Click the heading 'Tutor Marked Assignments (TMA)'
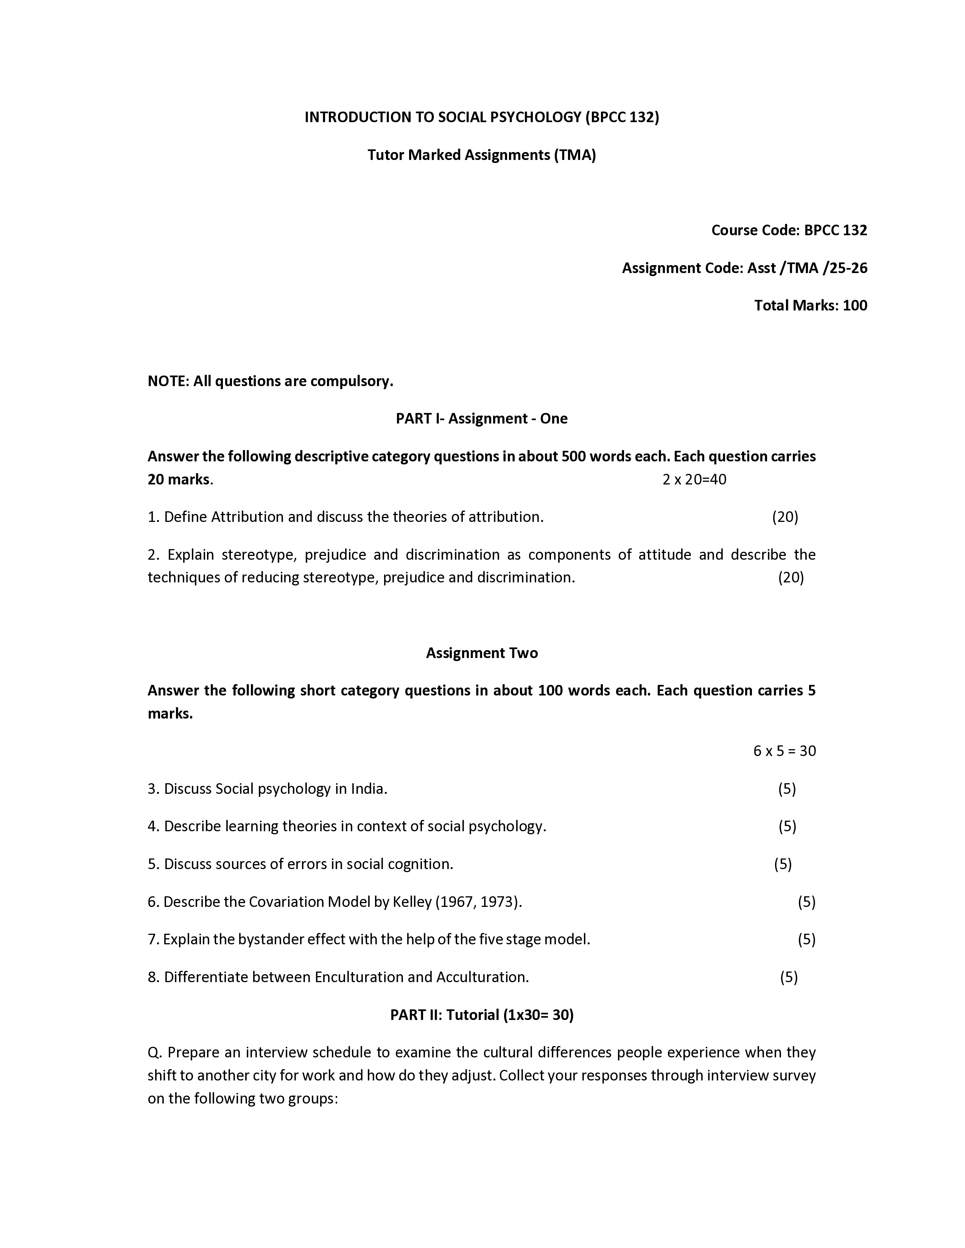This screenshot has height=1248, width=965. pyautogui.click(x=481, y=155)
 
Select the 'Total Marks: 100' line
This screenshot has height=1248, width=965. pyautogui.click(x=810, y=305)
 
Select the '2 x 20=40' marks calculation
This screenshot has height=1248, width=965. pyautogui.click(x=694, y=480)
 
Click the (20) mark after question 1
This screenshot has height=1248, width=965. pyautogui.click(x=785, y=517)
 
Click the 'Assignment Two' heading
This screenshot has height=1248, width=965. pyautogui.click(x=481, y=653)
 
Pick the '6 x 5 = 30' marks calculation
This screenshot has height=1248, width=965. pyautogui.click(x=784, y=750)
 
